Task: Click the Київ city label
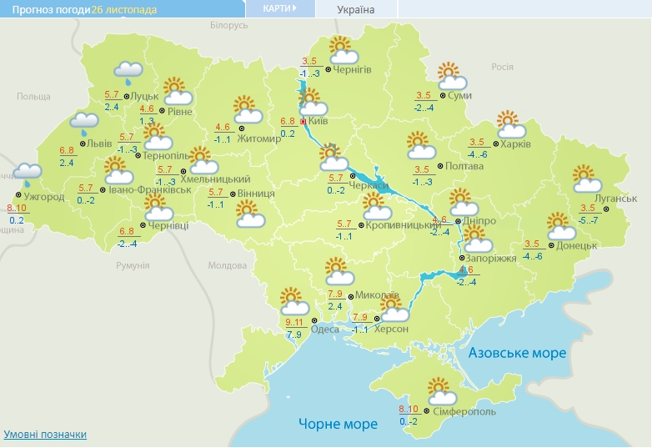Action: coord(318,122)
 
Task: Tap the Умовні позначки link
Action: coord(45,435)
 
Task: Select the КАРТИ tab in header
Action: coord(279,8)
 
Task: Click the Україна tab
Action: coord(356,9)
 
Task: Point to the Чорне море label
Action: coord(338,424)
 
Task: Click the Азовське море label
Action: coord(517,353)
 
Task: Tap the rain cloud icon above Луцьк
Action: coord(128,73)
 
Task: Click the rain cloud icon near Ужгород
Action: coord(27,174)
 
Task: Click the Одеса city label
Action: coord(324,330)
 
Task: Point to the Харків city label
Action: coord(515,143)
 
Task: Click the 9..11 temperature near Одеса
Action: coord(293,322)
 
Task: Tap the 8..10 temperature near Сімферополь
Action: coord(409,409)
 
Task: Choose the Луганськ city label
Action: coord(618,199)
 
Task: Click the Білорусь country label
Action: coord(229,26)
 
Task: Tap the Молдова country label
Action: coord(227,265)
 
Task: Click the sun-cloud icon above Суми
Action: coord(451,76)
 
